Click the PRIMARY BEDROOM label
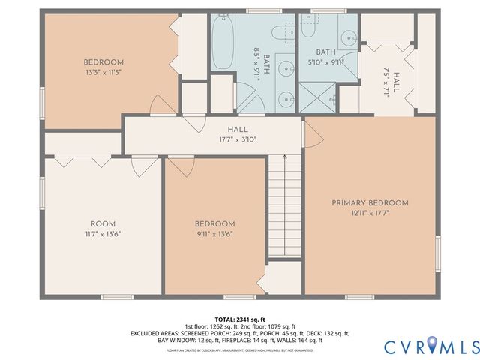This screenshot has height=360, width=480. point(371,202)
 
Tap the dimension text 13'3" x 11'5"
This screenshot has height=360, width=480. point(103,73)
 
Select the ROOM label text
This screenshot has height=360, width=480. point(103,223)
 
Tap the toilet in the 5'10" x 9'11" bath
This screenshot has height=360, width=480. point(283,32)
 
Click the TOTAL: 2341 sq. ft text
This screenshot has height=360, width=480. point(239,319)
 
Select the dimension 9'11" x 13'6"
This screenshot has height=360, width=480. point(215,233)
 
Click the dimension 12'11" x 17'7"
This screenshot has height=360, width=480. point(371,212)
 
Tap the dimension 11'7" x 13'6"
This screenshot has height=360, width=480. point(103,233)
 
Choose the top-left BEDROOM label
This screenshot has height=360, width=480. point(103,62)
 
